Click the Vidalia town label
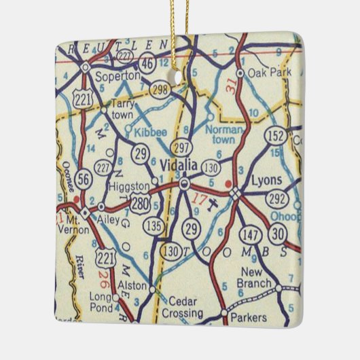pos(180,164)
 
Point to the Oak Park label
pos(268,71)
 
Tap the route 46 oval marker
pos(146,64)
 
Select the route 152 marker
pos(276,136)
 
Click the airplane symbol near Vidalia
pos(212,203)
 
